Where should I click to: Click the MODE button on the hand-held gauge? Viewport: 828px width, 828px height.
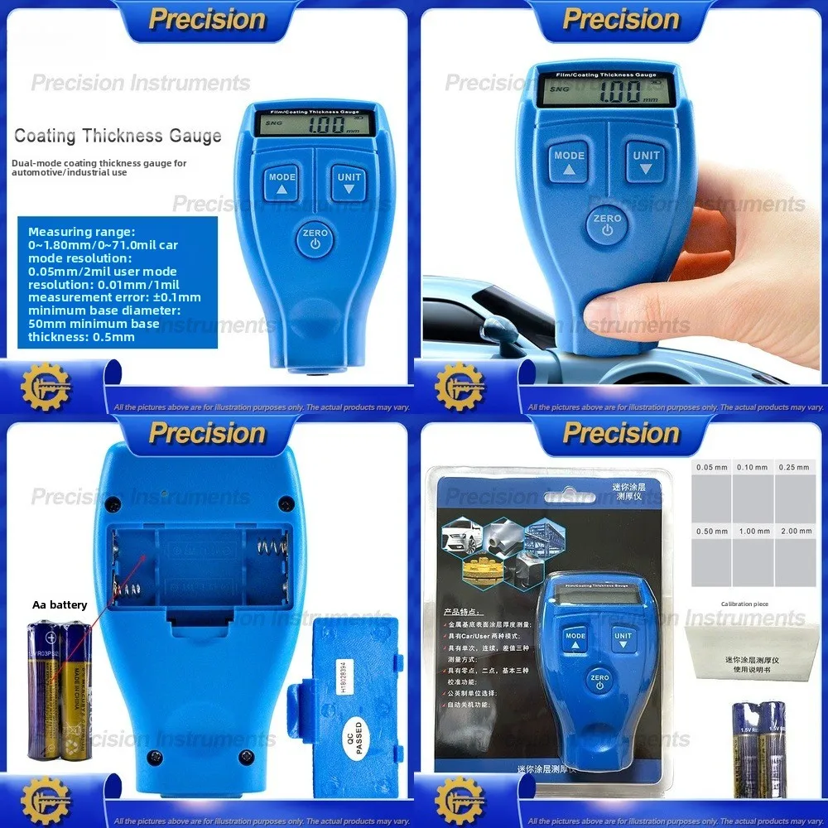tap(570, 161)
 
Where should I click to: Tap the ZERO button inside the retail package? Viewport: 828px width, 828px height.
tap(599, 680)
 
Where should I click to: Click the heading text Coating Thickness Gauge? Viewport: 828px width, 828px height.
tap(118, 136)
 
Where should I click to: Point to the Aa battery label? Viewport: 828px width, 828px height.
tap(60, 605)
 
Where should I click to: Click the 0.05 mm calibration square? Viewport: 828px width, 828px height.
tap(711, 489)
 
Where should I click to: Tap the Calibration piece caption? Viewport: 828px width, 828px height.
tap(744, 604)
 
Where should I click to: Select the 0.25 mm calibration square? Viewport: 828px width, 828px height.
tap(795, 489)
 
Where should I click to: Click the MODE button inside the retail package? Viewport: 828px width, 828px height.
tap(575, 640)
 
